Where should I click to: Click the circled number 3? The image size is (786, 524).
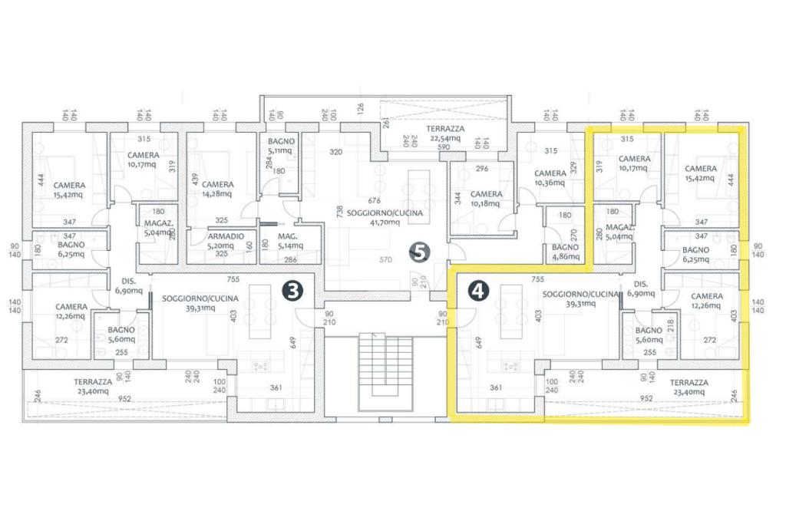[292, 290]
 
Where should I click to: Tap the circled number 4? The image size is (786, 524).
[477, 290]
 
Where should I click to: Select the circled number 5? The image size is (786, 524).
[418, 250]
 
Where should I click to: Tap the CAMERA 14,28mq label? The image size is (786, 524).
[218, 189]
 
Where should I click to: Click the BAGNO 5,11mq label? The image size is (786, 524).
[279, 147]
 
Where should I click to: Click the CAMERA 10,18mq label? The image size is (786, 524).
[486, 199]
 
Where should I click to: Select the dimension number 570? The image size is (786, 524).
[374, 260]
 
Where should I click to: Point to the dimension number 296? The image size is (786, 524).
[481, 169]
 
